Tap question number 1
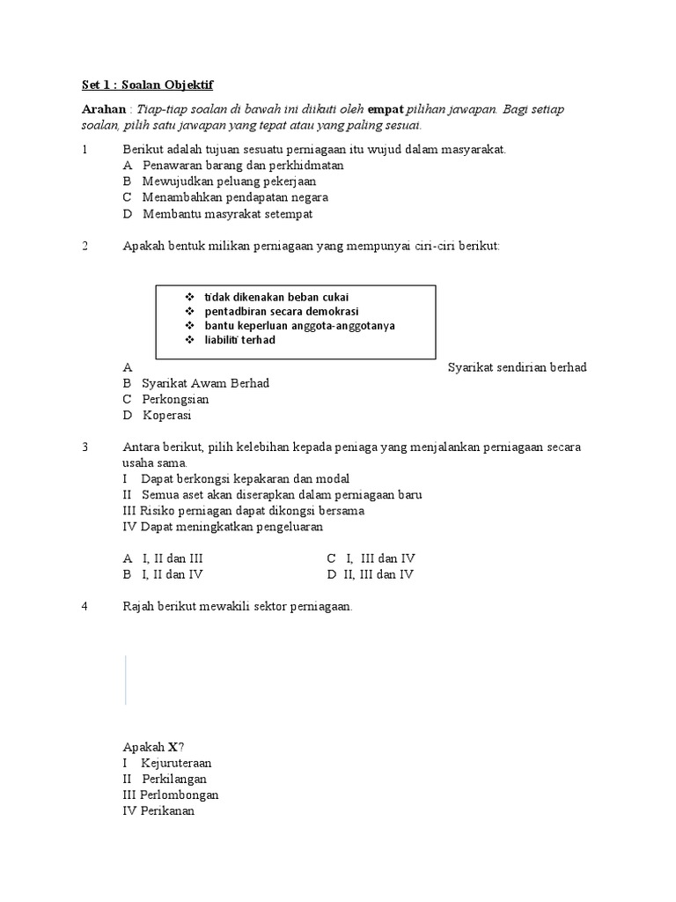tap(84, 150)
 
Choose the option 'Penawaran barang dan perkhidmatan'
tap(242, 166)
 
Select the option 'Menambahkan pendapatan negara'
tap(235, 197)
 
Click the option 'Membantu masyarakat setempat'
tap(227, 213)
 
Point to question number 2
tap(84, 246)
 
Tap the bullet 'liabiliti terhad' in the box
tap(239, 339)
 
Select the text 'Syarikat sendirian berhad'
tap(517, 367)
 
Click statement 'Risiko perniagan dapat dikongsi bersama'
tap(244, 511)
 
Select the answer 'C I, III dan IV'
tap(371, 558)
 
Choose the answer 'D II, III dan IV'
tap(371, 574)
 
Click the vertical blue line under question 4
tap(125, 679)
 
